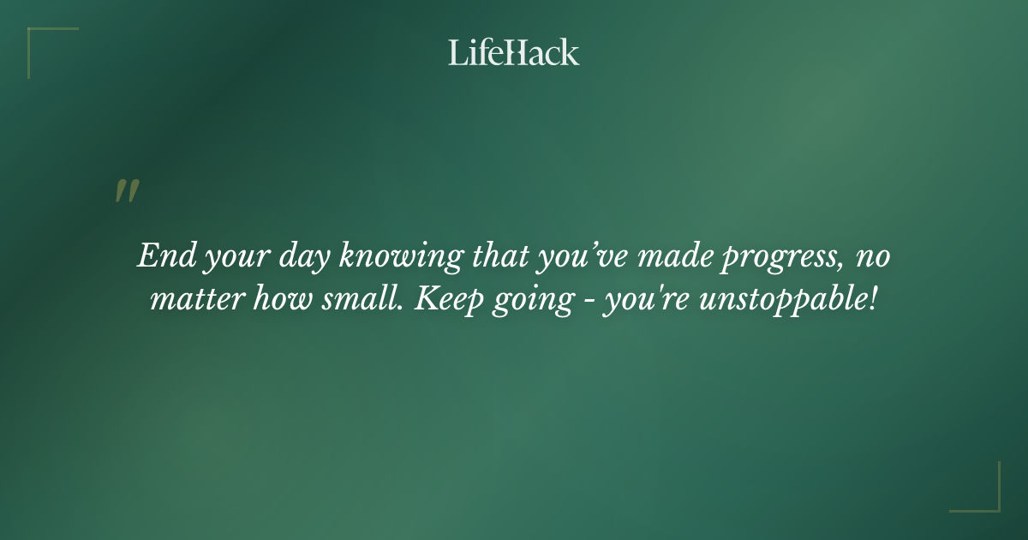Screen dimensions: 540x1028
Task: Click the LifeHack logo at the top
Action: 513,52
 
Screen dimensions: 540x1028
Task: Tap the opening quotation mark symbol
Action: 126,192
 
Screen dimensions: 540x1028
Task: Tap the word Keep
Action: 443,303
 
